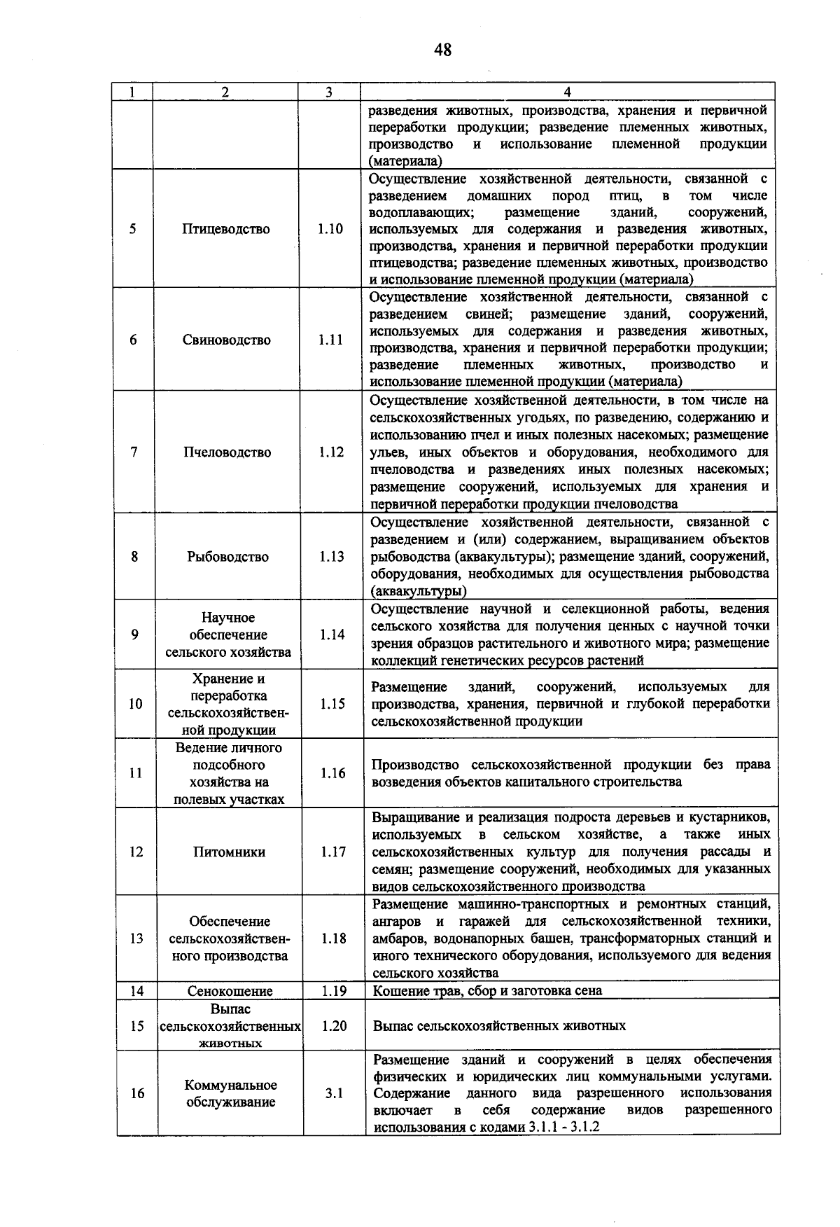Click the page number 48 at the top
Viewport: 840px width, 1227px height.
coord(442,49)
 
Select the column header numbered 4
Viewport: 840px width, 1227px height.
coord(567,92)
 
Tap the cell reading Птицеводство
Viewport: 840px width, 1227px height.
coord(226,229)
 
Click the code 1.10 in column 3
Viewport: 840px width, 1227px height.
coord(330,229)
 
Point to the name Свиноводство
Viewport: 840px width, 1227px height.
coord(227,340)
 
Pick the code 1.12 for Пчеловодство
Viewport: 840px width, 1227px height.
coord(331,452)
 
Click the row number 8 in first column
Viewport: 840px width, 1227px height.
coord(134,557)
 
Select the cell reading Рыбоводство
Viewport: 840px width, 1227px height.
coord(227,557)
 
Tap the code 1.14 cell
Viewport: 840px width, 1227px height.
coord(332,635)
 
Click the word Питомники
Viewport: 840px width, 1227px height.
coord(229,852)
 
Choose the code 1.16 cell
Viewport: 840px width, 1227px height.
coord(333,773)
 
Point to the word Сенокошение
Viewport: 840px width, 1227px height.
coord(230,991)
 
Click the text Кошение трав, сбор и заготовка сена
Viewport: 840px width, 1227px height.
coord(487,991)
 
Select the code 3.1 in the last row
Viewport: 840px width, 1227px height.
coord(334,1093)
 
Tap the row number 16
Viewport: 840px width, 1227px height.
coord(137,1093)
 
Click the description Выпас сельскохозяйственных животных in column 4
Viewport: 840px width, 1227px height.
coord(499,1026)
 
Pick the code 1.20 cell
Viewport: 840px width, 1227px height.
coord(334,1026)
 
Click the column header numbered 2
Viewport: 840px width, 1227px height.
coord(225,92)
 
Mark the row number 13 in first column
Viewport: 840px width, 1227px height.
coord(136,938)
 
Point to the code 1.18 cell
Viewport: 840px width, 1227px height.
coord(334,938)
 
